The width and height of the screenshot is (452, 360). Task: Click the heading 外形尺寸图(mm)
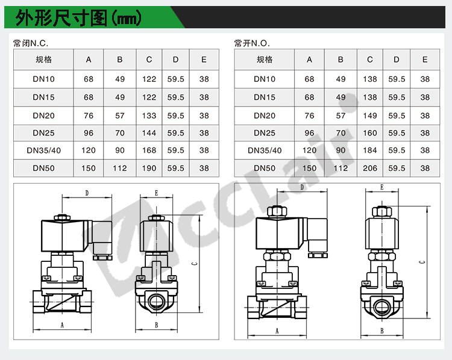coord(78,18)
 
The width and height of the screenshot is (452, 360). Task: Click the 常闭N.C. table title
coord(31,43)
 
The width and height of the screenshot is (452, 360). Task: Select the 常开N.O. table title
coord(252,43)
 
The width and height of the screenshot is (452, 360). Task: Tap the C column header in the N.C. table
coord(149,60)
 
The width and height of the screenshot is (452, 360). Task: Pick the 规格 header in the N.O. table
coord(265,60)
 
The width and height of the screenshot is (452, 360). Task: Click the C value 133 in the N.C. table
coord(149,116)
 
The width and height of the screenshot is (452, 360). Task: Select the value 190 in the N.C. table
coord(149,168)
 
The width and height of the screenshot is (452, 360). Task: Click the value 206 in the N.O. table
coord(370,168)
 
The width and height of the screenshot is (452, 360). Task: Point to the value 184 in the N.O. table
coord(370,151)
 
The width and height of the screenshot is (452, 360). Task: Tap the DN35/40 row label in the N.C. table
coord(44,151)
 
